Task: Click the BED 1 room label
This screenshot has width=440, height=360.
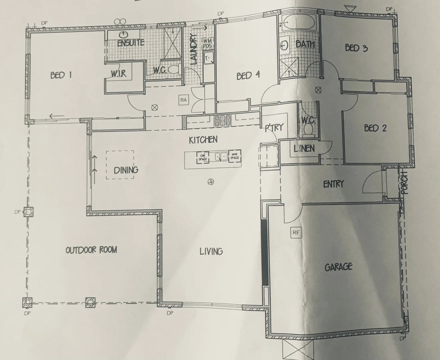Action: [x=61, y=76]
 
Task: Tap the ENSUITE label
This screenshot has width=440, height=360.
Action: [x=130, y=43]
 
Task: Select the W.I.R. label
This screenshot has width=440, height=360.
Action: [x=119, y=74]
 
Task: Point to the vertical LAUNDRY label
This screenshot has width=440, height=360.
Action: [x=194, y=50]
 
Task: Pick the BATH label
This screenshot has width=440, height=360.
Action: [x=305, y=44]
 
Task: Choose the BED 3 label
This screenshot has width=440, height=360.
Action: [x=356, y=48]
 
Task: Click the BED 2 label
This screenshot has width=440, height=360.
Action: [x=375, y=128]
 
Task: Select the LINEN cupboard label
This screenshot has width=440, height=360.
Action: [x=304, y=148]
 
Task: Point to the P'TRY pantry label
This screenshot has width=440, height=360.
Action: [x=274, y=127]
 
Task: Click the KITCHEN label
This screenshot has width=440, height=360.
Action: [x=203, y=140]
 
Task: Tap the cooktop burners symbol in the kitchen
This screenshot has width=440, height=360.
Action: [x=223, y=120]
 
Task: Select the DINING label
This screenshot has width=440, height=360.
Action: [x=126, y=170]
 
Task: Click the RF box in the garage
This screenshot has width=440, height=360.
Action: [x=296, y=233]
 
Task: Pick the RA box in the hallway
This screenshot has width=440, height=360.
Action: [x=183, y=100]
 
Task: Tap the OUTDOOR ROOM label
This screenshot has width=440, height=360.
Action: [x=91, y=250]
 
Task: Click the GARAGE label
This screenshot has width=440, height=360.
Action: [x=338, y=267]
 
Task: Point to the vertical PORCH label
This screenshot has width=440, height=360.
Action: [x=405, y=183]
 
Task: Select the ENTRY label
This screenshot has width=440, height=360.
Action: [x=333, y=184]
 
